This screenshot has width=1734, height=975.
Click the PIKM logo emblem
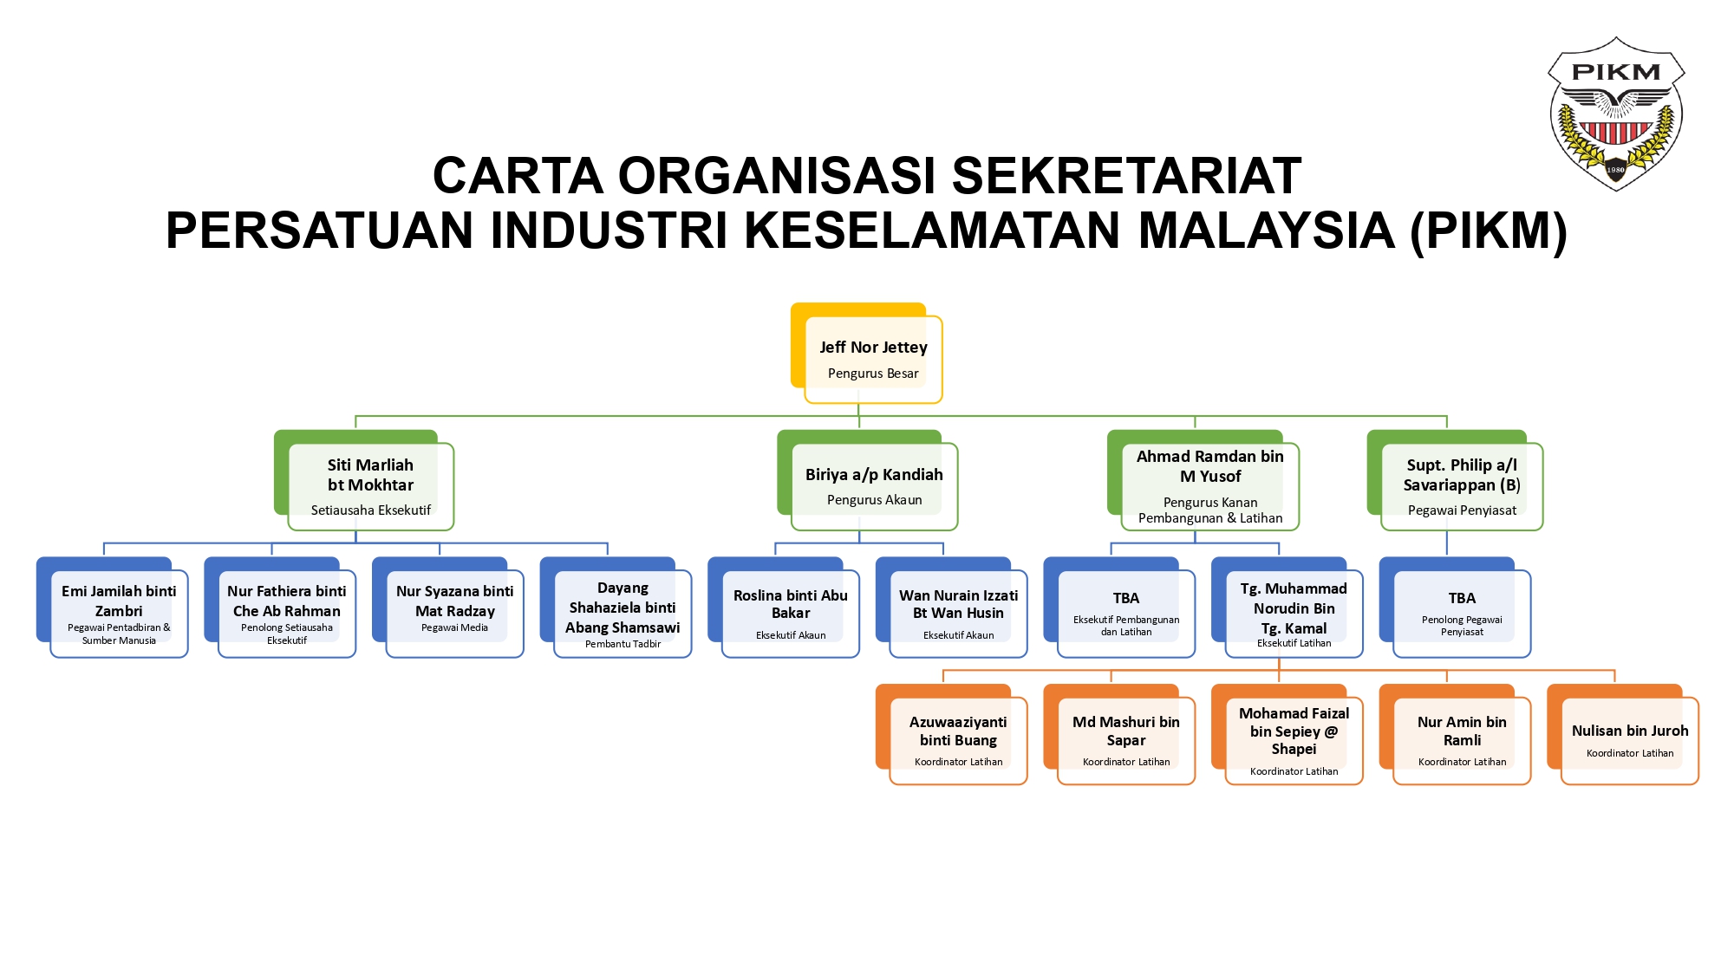(x=1615, y=113)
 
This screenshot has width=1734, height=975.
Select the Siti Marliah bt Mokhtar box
(x=370, y=485)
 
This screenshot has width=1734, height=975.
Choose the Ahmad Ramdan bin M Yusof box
(x=1209, y=485)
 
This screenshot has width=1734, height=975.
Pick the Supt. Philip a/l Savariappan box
(x=1461, y=485)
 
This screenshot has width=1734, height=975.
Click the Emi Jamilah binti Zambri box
(x=119, y=613)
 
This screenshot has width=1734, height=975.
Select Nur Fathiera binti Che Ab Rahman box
(x=286, y=613)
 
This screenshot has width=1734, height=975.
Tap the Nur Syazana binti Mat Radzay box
(x=454, y=613)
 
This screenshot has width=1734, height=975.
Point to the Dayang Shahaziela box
(x=623, y=613)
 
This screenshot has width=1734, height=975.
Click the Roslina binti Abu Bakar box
(x=790, y=613)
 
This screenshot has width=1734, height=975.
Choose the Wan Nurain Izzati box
(x=958, y=613)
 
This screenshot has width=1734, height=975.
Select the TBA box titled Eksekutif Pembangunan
(x=1125, y=613)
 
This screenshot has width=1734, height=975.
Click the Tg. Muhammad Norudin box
(x=1294, y=613)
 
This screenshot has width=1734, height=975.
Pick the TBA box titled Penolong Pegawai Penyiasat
(x=1462, y=613)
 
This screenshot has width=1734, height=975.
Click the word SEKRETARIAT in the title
(x=1126, y=176)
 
